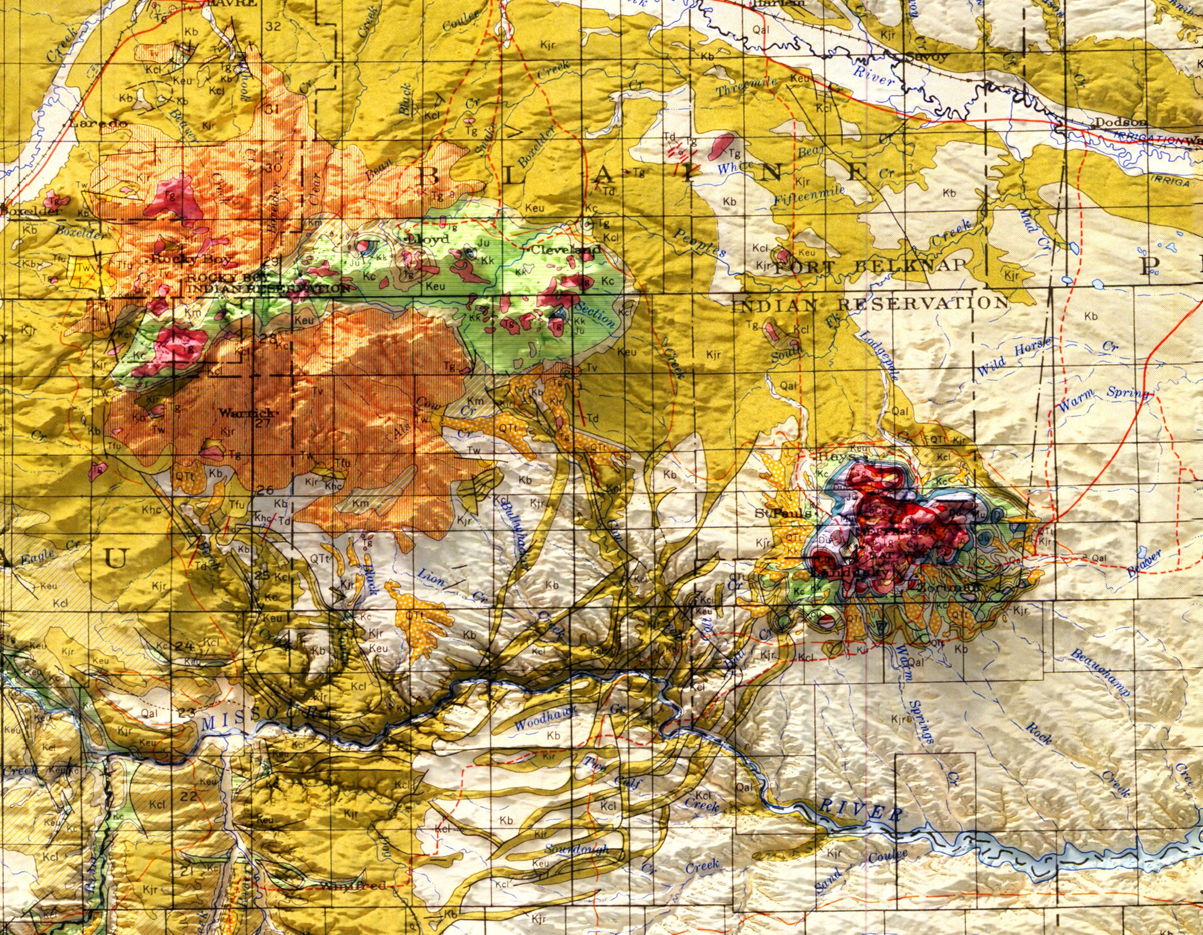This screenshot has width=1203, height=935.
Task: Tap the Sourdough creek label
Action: tap(577, 850)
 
